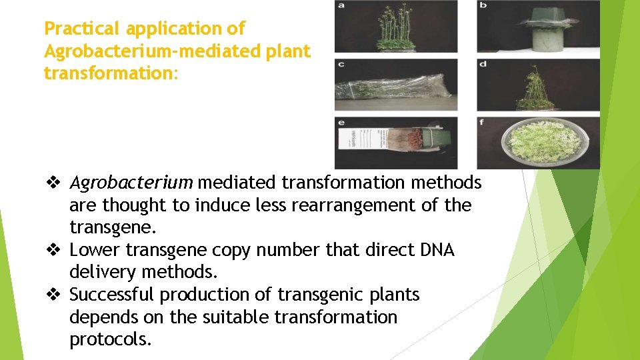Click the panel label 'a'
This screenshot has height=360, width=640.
[341, 6]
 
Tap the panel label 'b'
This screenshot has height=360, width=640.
[483, 6]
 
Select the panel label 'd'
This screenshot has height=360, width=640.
[483, 64]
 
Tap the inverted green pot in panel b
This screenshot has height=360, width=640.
[537, 17]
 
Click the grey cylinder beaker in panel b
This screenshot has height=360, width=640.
[537, 39]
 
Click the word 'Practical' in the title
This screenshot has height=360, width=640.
[83, 29]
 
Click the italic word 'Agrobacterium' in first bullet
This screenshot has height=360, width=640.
[131, 182]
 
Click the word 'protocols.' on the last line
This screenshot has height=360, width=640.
[111, 339]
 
